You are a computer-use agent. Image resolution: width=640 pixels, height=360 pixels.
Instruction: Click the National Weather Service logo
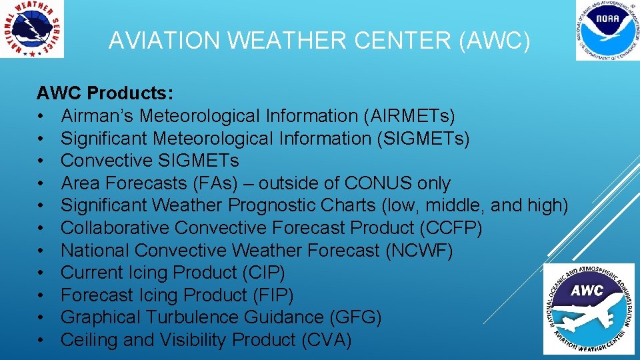[32, 29]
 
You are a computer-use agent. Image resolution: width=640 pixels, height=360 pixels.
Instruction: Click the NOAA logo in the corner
[607, 31]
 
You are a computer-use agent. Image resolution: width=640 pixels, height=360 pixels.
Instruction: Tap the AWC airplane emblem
[588, 309]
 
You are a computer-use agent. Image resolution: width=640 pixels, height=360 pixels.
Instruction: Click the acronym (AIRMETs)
[409, 115]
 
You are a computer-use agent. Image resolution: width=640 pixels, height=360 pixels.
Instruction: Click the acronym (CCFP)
[451, 228]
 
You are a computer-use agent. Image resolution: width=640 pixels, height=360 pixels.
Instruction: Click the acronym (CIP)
[263, 273]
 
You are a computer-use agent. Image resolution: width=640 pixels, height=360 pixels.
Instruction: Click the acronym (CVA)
[327, 340]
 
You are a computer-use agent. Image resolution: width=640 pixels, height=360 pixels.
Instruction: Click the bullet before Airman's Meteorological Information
[41, 115]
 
